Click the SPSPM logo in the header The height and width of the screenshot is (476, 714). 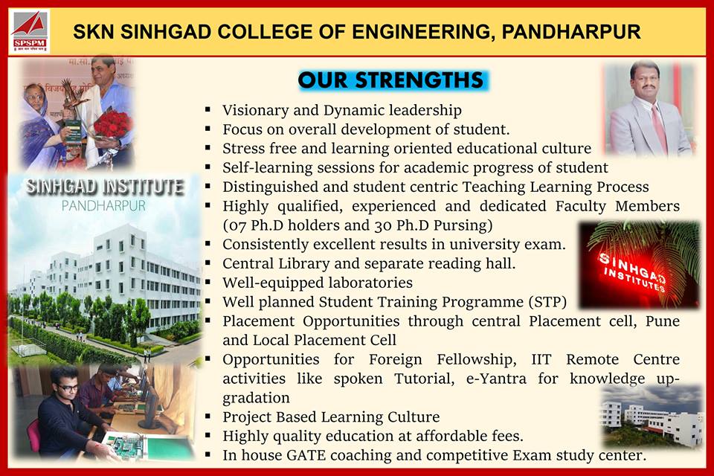click(30, 31)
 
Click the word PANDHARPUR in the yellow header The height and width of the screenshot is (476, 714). click(571, 32)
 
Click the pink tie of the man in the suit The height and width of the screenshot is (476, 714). click(659, 128)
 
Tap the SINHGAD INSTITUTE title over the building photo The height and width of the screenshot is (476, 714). click(104, 187)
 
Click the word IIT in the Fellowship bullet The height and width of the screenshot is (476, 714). click(541, 359)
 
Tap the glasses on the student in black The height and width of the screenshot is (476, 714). click(68, 387)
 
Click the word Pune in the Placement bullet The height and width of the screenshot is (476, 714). click(663, 321)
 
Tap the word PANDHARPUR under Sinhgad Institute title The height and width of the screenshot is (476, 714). click(104, 206)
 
